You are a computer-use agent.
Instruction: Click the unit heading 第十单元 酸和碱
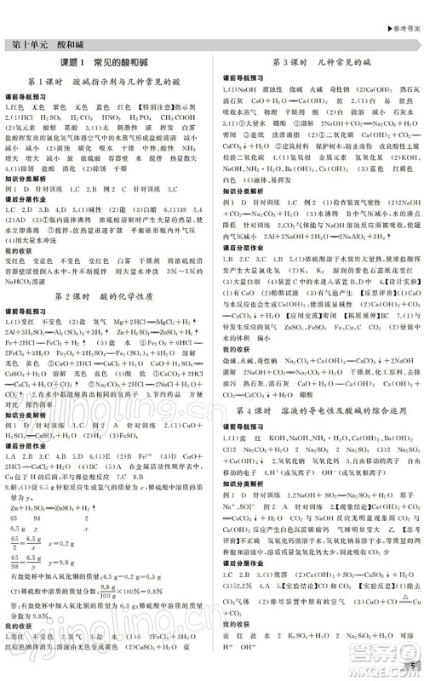tap(43, 44)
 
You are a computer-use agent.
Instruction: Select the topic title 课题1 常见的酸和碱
tap(106, 64)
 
